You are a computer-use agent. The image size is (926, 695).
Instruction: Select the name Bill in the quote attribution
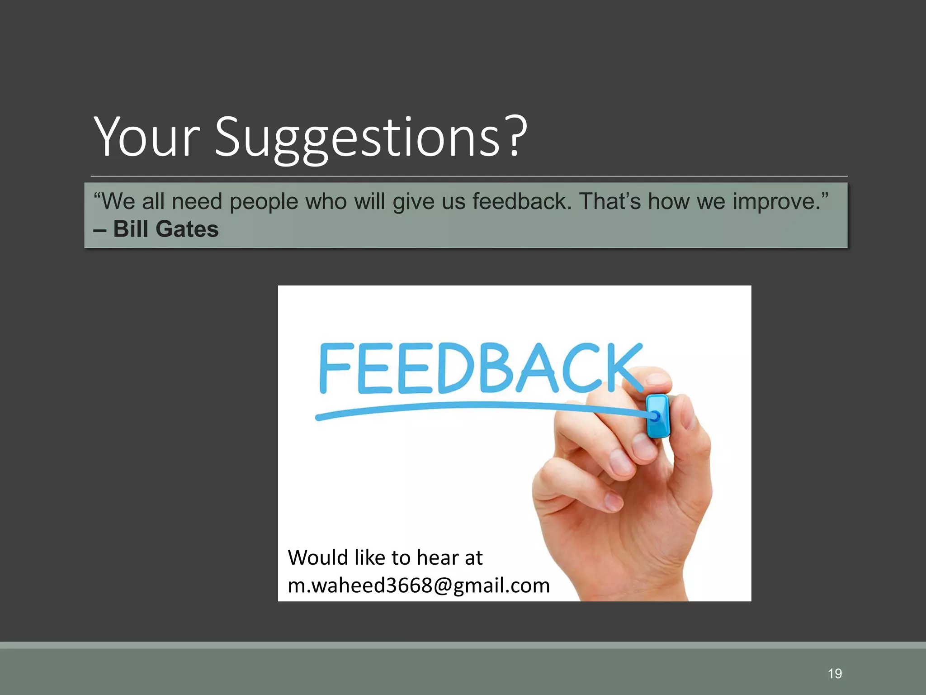coord(131,229)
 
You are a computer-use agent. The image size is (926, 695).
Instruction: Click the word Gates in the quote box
coord(187,229)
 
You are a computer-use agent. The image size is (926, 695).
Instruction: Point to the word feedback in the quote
coord(522,201)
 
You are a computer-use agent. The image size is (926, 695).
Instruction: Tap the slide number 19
coord(835,674)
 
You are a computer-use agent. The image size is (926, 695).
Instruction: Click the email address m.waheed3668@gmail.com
coord(419,586)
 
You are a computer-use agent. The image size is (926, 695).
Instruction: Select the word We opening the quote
coord(118,201)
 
